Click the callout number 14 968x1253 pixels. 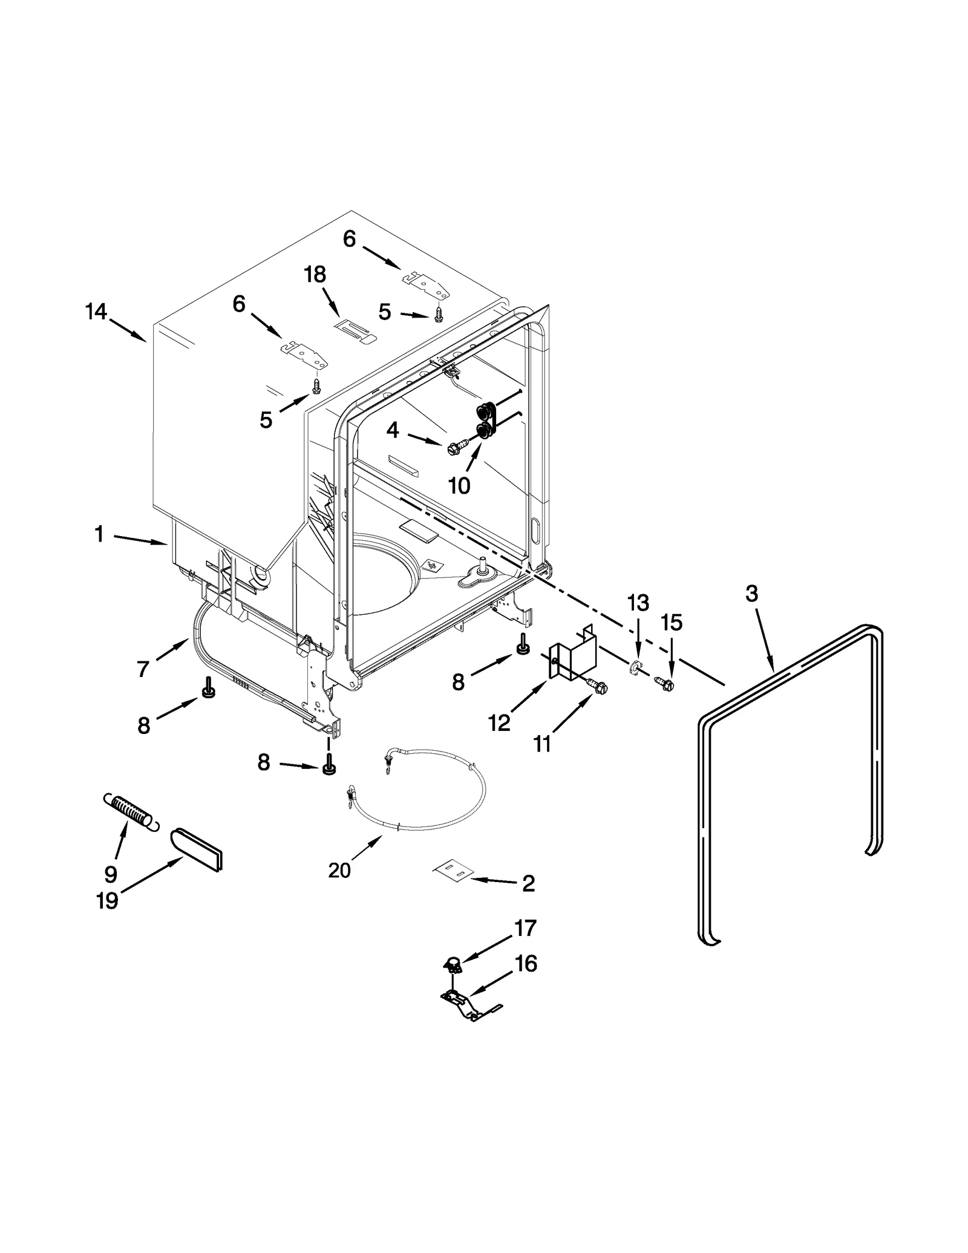coord(96,312)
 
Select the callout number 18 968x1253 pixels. coord(315,274)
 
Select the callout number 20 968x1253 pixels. coord(339,870)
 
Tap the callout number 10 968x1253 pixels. coord(459,485)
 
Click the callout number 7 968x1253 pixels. coord(143,669)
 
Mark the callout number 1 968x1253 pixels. coord(99,534)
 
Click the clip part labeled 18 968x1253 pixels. coord(355,330)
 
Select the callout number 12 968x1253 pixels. coord(500,722)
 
